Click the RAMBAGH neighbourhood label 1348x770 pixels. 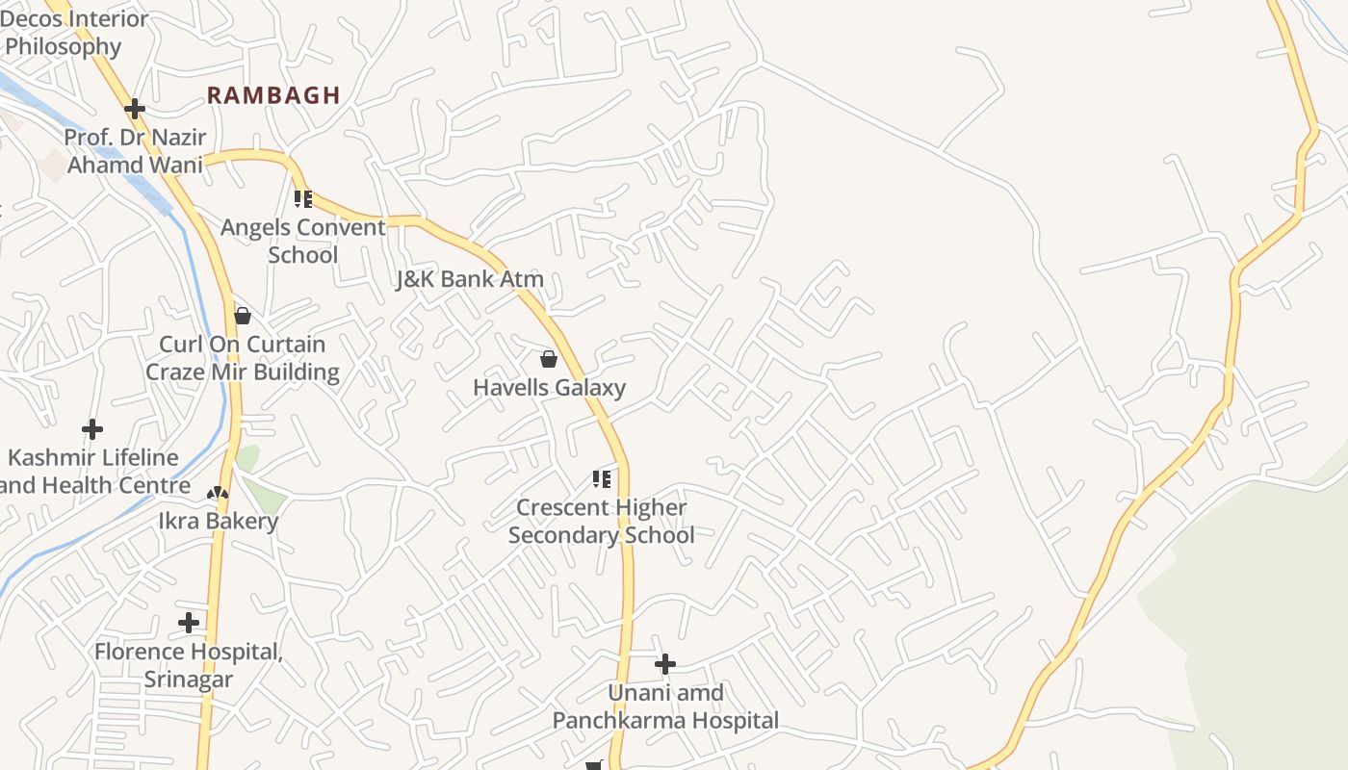[273, 95]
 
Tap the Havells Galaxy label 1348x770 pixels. [549, 388]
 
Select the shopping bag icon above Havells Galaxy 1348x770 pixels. [549, 360]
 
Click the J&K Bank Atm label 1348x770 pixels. [470, 279]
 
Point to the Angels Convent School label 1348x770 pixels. [302, 242]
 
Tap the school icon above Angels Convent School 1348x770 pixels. [303, 199]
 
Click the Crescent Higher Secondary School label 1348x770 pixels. [601, 521]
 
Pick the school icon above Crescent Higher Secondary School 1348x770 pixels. [602, 478]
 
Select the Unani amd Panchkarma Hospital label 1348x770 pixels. [664, 706]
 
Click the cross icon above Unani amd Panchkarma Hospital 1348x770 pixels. [664, 664]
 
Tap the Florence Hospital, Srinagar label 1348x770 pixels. [189, 665]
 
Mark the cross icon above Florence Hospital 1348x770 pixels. [189, 623]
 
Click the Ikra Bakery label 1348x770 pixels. [218, 521]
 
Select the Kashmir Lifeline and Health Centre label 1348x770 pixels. [94, 472]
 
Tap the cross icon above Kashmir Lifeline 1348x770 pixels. [92, 428]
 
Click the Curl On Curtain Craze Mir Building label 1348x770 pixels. [242, 358]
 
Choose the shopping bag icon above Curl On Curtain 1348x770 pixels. [243, 316]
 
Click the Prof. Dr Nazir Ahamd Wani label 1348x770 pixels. [135, 151]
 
